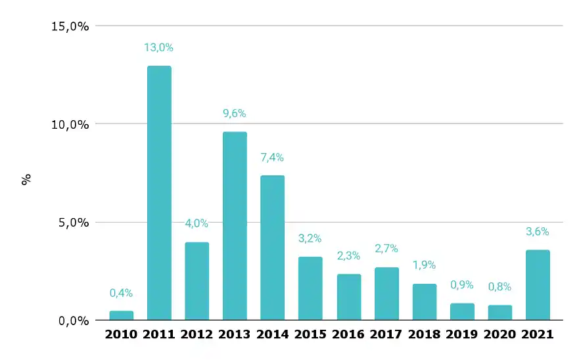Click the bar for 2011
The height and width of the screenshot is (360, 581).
159,193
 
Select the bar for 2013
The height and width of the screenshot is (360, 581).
235,226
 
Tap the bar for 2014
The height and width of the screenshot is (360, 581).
273,248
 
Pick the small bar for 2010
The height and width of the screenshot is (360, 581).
121,315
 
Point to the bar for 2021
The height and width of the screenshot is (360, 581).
538,285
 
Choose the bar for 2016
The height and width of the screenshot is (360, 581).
348,297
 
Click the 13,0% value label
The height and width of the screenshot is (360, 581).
159,47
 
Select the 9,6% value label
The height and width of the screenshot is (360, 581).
235,114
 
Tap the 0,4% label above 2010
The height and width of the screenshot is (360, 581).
121,293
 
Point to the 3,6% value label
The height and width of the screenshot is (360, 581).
538,231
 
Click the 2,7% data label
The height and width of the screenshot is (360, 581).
386,249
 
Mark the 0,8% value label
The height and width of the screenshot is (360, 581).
500,286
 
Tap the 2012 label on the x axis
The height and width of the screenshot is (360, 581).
197,334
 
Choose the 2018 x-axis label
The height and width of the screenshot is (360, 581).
424,334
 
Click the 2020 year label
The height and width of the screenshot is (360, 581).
500,334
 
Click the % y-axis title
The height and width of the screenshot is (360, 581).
27,179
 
